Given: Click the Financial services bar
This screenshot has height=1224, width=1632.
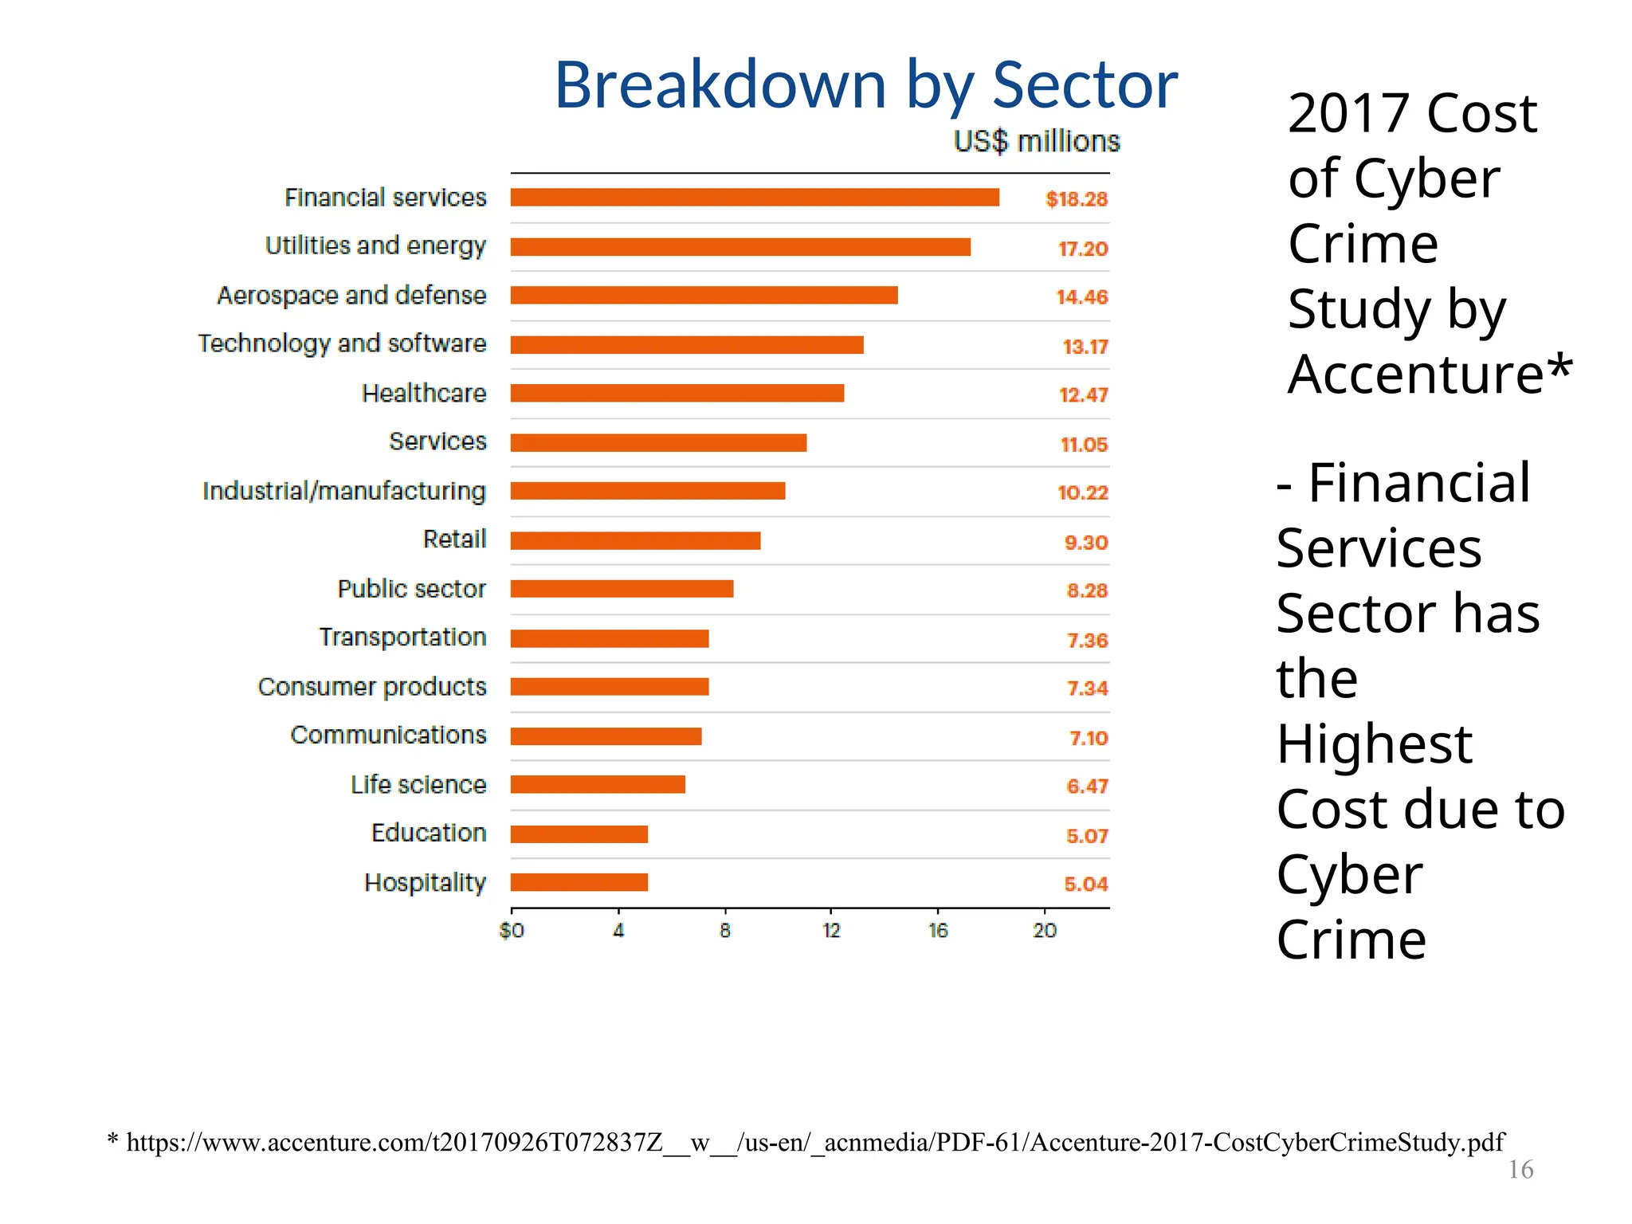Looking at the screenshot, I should coord(755,198).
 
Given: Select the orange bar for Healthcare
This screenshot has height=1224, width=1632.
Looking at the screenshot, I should coord(677,394).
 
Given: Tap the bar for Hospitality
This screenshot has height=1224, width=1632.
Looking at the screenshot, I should coord(579,883).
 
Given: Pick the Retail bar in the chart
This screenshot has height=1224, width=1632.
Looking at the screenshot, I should coord(635,541).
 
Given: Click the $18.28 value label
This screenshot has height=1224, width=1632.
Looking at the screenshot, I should coord(1077,199).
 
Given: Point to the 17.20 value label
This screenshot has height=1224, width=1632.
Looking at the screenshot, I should coord(1083,249).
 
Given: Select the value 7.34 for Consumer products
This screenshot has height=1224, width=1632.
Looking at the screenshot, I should coord(1088,688).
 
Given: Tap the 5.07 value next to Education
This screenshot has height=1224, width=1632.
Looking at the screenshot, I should coord(1087,836).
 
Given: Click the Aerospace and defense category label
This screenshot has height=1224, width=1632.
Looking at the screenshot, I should coord(351,296).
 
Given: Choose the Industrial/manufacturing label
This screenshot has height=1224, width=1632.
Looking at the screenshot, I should coord(344,492).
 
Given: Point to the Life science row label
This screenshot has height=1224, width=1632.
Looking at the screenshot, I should coord(418,785).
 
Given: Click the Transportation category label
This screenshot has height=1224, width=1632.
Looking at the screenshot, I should coord(402,637).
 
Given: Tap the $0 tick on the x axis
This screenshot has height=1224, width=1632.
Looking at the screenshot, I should coord(512,931).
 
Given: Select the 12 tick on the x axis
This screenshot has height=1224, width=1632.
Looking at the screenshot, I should coord(831,931).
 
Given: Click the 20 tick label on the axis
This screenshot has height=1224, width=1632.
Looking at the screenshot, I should coord(1045,931).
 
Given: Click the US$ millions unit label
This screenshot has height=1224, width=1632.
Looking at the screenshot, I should coord(1037,142).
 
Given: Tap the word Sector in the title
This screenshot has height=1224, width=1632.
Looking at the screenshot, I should coord(1085,85).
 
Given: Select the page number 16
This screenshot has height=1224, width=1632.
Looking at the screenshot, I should coord(1520,1170).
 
